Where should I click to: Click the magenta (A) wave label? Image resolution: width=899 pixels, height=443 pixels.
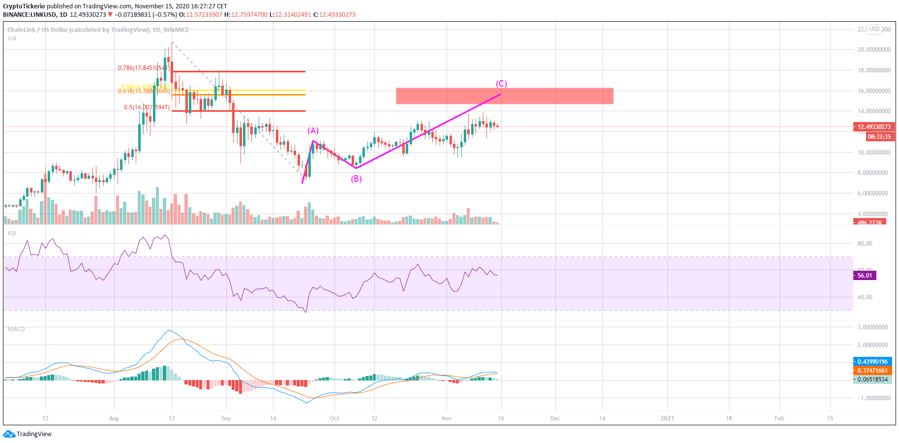313,130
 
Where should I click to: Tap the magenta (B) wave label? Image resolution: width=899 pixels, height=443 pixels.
356,179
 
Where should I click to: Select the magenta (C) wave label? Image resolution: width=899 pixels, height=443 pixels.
501,84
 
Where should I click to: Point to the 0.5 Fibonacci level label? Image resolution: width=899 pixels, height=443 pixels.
147,107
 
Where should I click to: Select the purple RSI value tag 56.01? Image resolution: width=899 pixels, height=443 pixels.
865,276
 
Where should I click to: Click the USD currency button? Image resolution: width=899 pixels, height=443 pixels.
874,29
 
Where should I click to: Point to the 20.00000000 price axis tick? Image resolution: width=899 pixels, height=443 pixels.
874,50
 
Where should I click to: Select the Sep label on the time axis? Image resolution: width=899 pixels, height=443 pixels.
226,418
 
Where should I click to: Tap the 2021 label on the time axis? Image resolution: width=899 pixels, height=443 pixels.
667,418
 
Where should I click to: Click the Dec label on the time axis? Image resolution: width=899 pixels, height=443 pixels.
555,418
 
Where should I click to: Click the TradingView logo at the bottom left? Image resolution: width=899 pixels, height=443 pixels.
28,434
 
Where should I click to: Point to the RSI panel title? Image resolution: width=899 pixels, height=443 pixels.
12,233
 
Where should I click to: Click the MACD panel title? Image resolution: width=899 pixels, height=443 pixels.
16,329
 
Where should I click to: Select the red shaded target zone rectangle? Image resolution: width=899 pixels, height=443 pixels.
505,96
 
